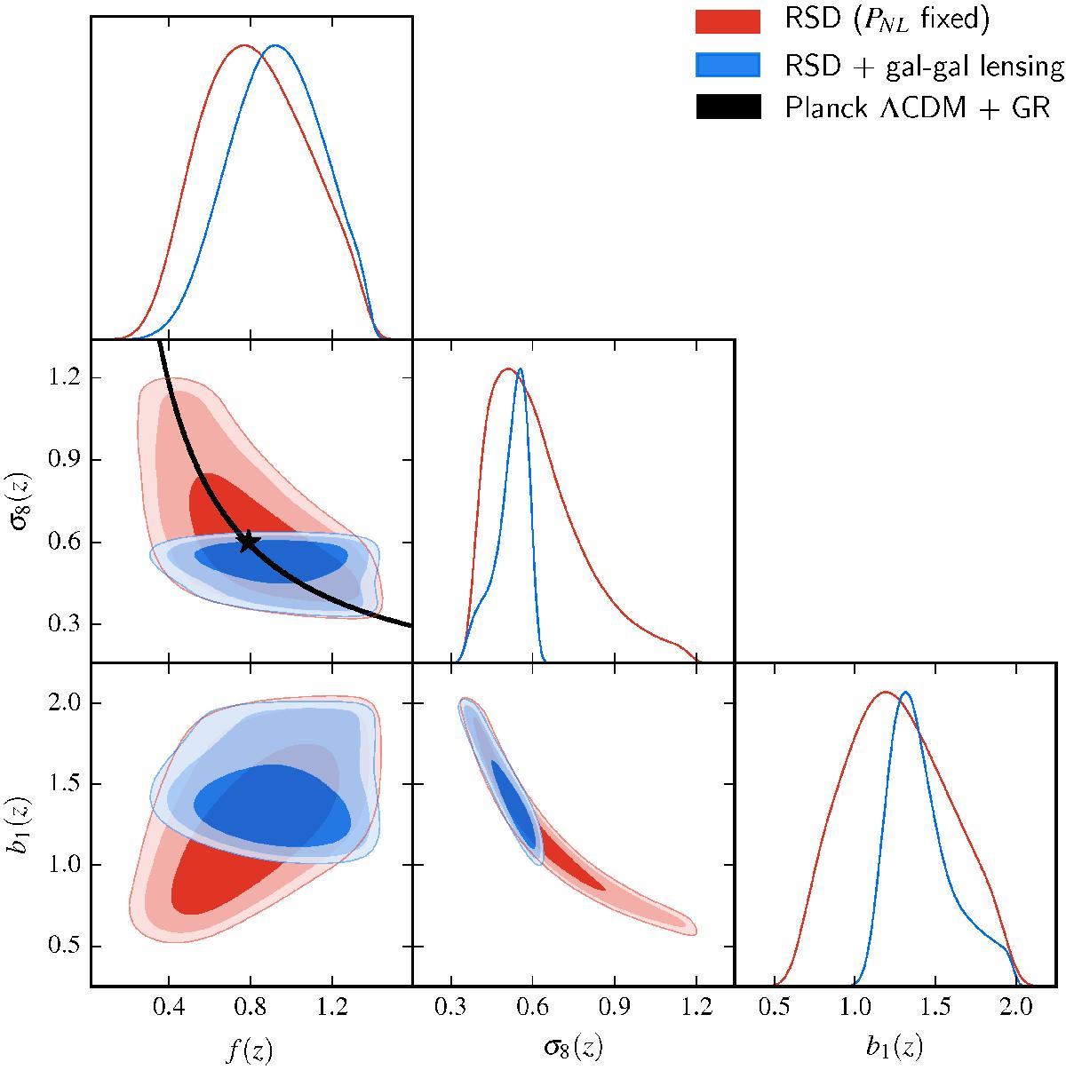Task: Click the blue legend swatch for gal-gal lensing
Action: pos(728,64)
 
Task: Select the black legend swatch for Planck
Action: pos(728,107)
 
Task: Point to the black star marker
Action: pos(248,541)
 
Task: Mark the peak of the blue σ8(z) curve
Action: pos(520,369)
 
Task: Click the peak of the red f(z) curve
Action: pos(245,44)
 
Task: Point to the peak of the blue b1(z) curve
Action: pos(905,692)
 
